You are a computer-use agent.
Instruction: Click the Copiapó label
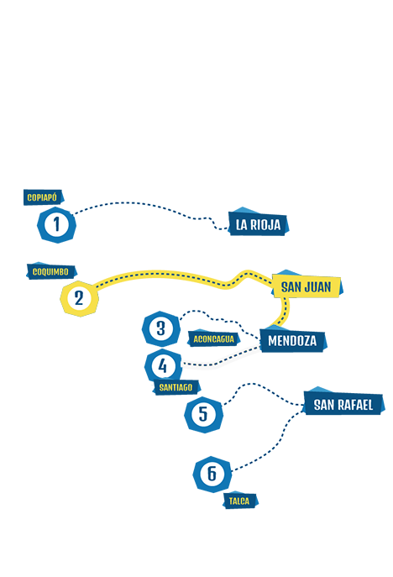pos(44,197)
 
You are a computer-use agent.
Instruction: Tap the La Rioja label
pos(258,223)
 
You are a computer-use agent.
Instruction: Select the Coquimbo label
pos(51,271)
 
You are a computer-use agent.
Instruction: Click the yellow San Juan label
pos(307,286)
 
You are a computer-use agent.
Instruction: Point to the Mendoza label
pos(292,340)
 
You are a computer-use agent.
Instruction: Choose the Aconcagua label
pos(213,338)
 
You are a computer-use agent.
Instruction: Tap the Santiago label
pos(176,387)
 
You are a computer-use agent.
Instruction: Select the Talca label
pos(239,501)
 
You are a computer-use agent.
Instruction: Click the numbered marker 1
pos(56,224)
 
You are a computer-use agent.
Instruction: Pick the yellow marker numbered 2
pos(79,298)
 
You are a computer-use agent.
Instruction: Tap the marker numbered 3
pos(161,328)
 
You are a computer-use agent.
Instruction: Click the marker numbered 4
pos(163,366)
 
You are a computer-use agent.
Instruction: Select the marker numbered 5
pos(203,414)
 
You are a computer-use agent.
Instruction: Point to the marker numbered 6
pos(212,474)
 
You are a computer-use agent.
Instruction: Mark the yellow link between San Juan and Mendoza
pos(286,310)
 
